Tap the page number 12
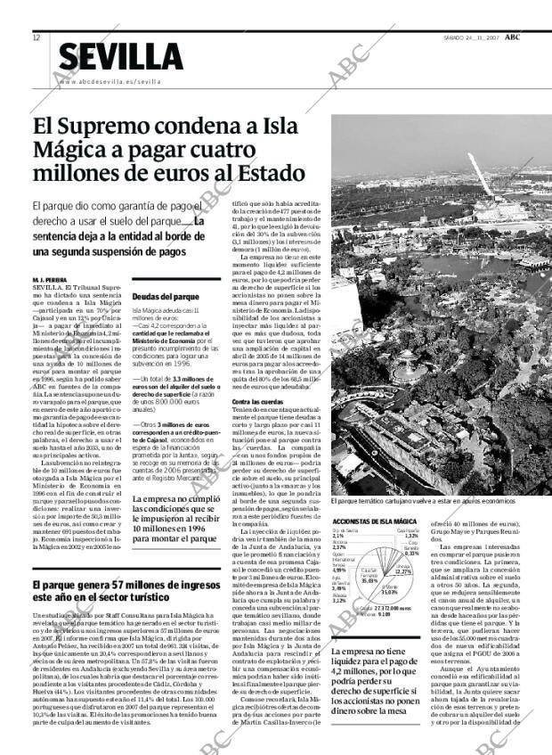coord(37,37)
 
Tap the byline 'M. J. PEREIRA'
coord(52,280)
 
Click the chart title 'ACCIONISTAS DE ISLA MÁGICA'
coord(375,521)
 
